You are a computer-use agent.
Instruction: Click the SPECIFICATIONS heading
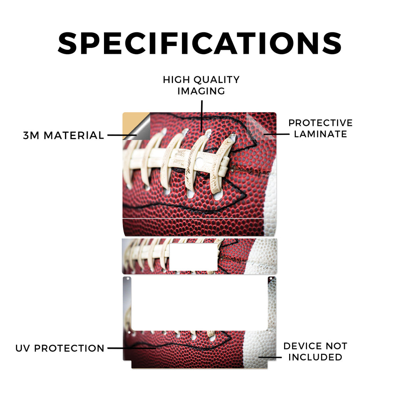click(x=200, y=43)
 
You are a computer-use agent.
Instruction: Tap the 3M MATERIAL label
click(x=64, y=135)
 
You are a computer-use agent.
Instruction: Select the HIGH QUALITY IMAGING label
click(x=201, y=85)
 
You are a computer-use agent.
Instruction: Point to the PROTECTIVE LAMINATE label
click(x=320, y=128)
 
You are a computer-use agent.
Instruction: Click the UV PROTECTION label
click(x=60, y=348)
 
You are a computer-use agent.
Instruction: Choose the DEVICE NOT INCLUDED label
click(x=315, y=351)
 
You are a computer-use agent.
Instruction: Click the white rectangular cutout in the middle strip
click(x=194, y=257)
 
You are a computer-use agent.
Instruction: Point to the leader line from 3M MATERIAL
click(x=122, y=135)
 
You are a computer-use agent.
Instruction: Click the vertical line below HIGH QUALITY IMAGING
click(x=202, y=116)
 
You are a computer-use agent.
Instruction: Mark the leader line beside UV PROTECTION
click(x=132, y=348)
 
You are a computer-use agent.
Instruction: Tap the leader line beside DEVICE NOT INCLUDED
click(x=270, y=357)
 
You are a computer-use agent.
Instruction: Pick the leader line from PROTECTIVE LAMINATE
click(x=276, y=134)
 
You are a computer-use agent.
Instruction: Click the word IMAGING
click(x=201, y=91)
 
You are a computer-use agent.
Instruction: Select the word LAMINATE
click(x=320, y=134)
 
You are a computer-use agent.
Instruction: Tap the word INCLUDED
click(x=315, y=357)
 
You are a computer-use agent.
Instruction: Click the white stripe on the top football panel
click(x=270, y=198)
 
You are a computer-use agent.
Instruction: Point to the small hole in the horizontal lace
click(x=199, y=161)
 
